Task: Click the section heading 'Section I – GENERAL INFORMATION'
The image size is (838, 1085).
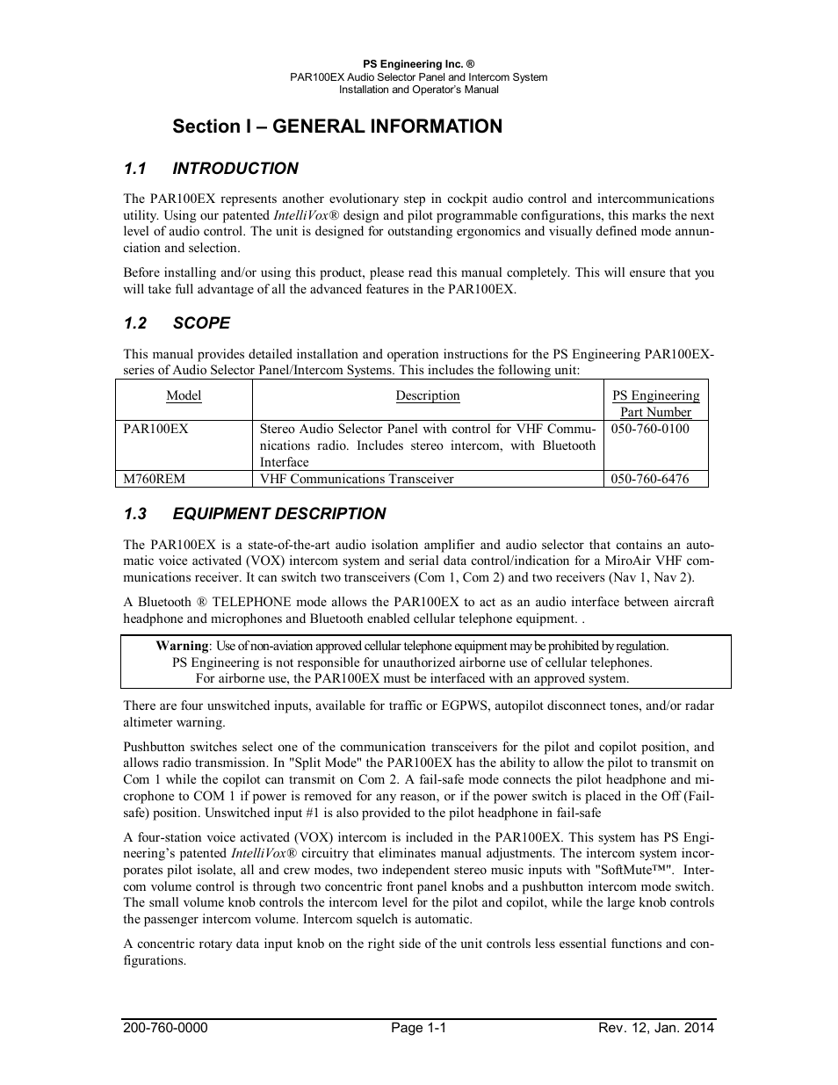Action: [337, 127]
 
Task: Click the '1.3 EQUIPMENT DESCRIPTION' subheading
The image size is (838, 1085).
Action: [255, 514]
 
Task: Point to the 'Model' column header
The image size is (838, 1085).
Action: [184, 396]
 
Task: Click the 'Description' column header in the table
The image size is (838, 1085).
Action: [428, 396]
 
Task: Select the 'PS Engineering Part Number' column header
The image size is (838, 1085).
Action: [655, 403]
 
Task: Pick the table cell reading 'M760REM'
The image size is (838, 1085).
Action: [155, 479]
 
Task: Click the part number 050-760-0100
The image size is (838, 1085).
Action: [650, 429]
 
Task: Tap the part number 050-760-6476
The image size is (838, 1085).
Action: [650, 479]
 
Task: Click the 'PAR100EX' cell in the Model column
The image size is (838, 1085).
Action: [155, 429]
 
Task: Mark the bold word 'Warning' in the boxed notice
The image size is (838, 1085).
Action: [182, 646]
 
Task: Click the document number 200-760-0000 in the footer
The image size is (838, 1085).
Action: [165, 1028]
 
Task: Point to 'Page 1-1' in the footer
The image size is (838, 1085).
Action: [418, 1028]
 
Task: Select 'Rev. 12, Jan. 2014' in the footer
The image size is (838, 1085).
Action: [656, 1028]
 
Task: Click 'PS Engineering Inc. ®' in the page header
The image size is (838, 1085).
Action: [418, 64]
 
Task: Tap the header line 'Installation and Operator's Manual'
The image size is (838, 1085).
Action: [418, 90]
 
